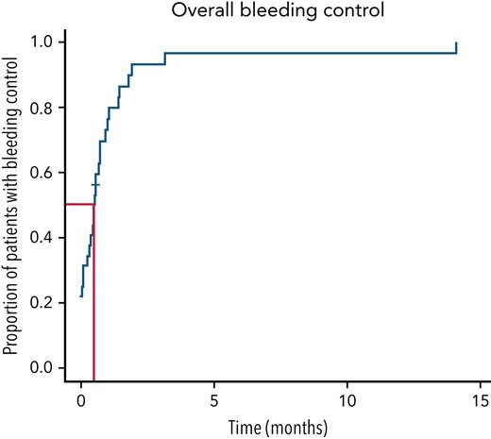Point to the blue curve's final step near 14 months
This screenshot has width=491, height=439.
(x=456, y=48)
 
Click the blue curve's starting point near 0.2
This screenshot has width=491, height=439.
(x=81, y=295)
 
